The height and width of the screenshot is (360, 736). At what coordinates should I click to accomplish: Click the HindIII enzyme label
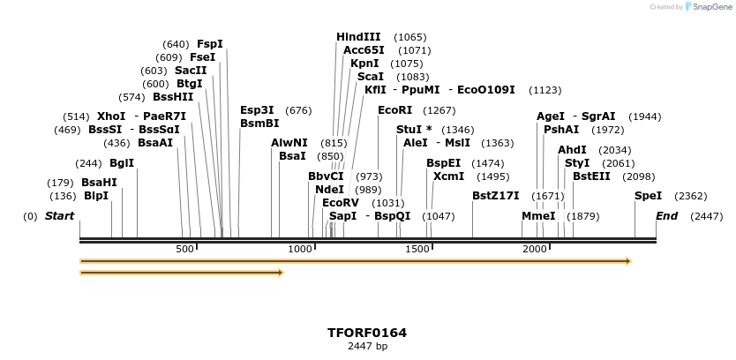(x=358, y=37)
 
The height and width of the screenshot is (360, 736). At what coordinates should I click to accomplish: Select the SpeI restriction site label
(x=648, y=196)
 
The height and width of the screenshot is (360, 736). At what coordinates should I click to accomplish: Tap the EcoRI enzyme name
(x=394, y=110)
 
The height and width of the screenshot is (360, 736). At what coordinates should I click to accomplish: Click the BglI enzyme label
(x=122, y=163)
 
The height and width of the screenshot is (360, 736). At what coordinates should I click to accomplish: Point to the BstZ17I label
(x=495, y=196)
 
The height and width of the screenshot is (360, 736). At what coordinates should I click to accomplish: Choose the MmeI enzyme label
(x=538, y=216)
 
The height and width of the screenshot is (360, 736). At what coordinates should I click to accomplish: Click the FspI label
(x=209, y=44)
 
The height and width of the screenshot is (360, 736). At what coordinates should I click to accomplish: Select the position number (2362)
(x=690, y=196)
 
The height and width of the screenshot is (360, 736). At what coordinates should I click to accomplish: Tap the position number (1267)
(x=439, y=110)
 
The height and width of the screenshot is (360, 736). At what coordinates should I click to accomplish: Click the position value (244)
(x=88, y=163)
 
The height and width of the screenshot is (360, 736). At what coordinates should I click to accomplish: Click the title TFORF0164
(x=367, y=333)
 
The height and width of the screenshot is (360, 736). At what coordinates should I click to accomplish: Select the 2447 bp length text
(x=367, y=347)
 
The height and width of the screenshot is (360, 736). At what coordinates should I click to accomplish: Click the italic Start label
(x=59, y=216)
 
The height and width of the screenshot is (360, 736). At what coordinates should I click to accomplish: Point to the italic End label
(x=666, y=216)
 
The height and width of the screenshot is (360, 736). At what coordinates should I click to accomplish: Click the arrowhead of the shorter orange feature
(x=281, y=273)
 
